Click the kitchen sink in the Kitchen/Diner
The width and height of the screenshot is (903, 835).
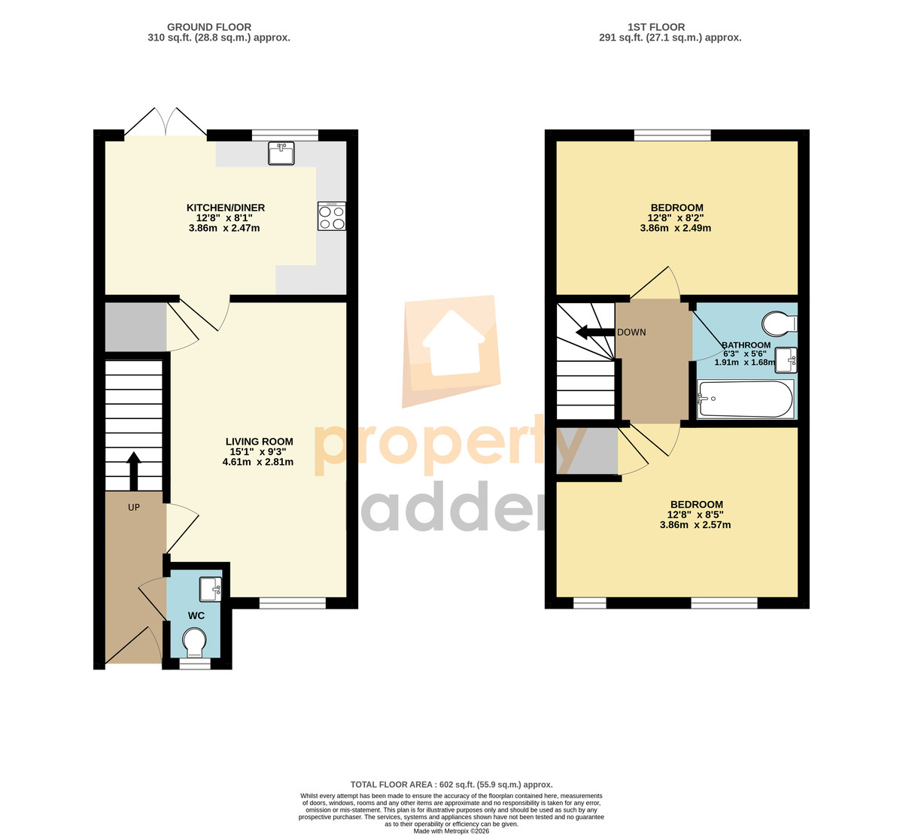point(281,153)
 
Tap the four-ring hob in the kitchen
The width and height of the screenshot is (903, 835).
point(331,217)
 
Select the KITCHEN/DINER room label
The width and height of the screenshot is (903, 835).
point(226,208)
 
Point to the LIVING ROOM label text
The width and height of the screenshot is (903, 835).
point(259,442)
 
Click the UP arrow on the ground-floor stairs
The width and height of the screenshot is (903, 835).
point(134,471)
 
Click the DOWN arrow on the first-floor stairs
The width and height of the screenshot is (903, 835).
point(595,332)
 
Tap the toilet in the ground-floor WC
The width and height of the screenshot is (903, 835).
point(195,642)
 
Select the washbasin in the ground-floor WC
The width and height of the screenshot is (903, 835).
point(211,590)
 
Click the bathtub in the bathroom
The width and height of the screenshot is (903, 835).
point(746,399)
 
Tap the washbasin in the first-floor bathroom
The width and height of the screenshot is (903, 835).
point(786,360)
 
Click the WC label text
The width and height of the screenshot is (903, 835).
point(196,615)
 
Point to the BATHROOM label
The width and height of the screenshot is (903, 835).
point(746,345)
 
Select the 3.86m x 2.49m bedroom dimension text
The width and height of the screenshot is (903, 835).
point(675,228)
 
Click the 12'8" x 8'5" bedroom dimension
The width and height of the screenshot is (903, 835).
point(695,515)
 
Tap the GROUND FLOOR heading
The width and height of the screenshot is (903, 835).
point(209,27)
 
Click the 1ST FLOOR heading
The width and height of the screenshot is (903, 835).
point(656,27)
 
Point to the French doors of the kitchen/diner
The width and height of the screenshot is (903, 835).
point(166,122)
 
